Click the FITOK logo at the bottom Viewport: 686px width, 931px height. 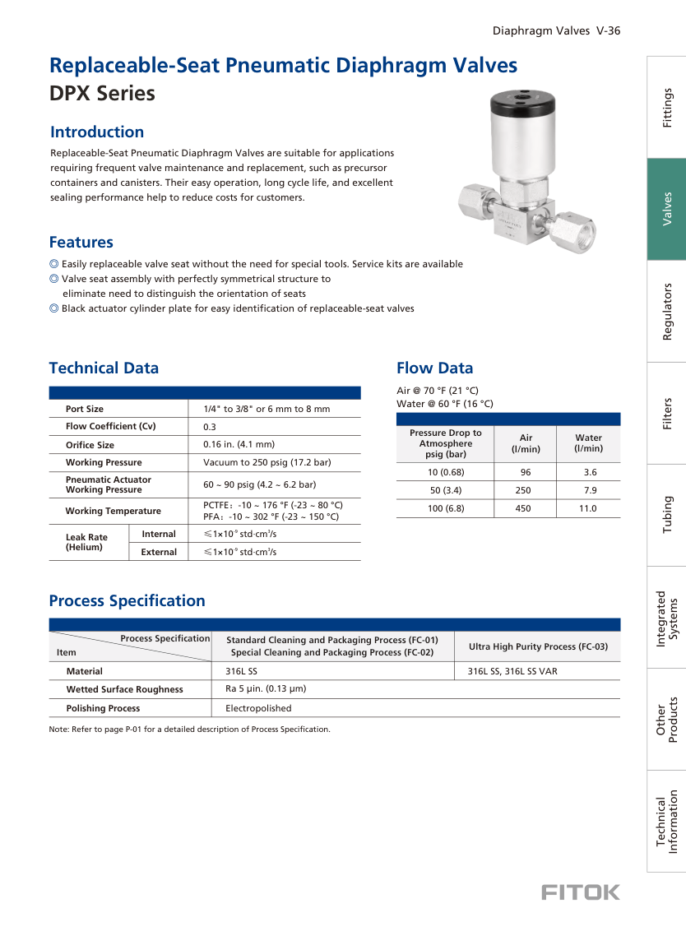[x=581, y=892]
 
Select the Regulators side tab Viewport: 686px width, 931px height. [x=667, y=311]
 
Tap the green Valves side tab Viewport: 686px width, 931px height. [x=667, y=209]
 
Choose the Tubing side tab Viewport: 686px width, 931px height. [x=667, y=515]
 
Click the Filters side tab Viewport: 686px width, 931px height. [x=667, y=413]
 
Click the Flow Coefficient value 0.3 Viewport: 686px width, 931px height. [x=209, y=427]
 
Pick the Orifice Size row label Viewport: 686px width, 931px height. [x=90, y=445]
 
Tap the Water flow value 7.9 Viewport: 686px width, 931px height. [x=590, y=490]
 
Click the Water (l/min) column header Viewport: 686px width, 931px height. [x=588, y=443]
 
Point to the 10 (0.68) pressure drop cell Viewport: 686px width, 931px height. [x=446, y=472]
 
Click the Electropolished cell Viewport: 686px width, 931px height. [x=258, y=708]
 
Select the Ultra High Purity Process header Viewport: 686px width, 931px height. [x=538, y=646]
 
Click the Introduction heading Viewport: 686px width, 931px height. [x=97, y=132]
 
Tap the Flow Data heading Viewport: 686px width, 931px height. [x=434, y=368]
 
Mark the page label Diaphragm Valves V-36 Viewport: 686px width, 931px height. [x=556, y=31]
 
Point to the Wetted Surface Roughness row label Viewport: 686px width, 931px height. [x=124, y=689]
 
